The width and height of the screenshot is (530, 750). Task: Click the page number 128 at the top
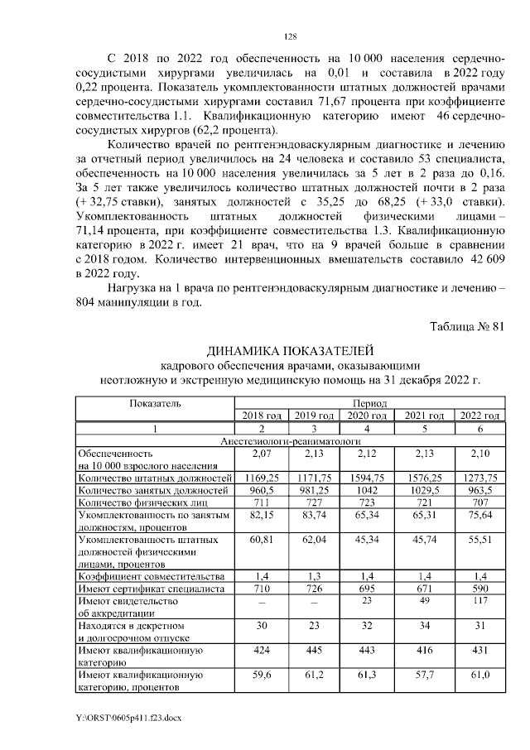tap(290, 36)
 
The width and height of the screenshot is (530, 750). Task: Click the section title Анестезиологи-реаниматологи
tap(290, 442)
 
